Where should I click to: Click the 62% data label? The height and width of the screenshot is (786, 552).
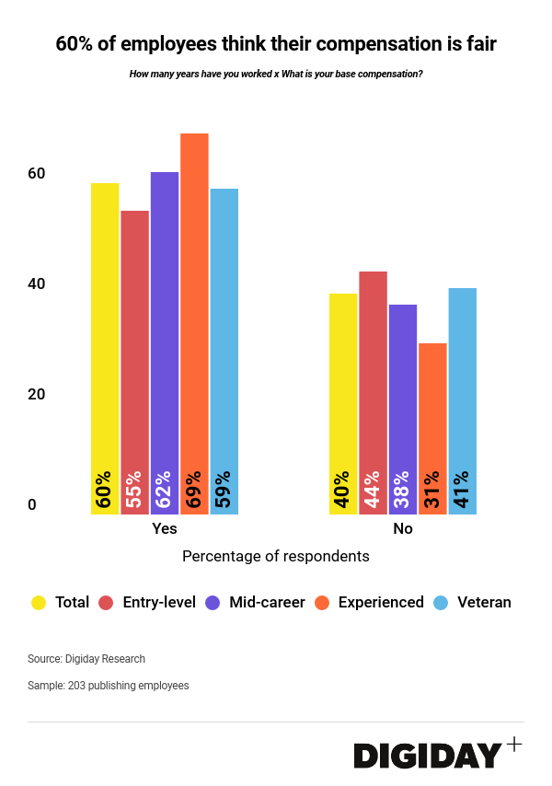point(165,490)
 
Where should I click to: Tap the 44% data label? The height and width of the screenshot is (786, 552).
point(373,490)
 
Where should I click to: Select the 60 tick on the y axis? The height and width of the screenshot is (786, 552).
point(36,173)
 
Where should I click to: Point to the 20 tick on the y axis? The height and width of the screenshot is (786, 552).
point(36,394)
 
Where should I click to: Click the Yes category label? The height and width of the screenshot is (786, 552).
point(165,529)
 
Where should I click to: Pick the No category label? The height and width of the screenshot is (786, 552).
point(403,529)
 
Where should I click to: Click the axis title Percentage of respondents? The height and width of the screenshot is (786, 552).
point(276,556)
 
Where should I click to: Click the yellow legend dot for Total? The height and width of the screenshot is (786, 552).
point(39,603)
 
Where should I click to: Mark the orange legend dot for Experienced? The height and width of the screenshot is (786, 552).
point(322,603)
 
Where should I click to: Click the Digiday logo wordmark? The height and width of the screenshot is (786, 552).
point(428,756)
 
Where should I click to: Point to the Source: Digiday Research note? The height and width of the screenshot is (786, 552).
point(86,659)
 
